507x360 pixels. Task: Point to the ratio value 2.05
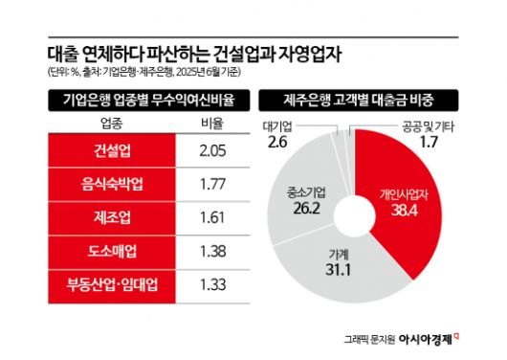pos(212,150)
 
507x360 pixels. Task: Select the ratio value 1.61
pos(212,217)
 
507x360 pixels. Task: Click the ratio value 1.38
pos(212,251)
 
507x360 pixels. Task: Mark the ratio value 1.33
pos(212,284)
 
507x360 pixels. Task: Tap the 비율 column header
pos(212,123)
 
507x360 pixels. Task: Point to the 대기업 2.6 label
pos(276,136)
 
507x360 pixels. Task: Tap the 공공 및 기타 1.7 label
pos(430,136)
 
